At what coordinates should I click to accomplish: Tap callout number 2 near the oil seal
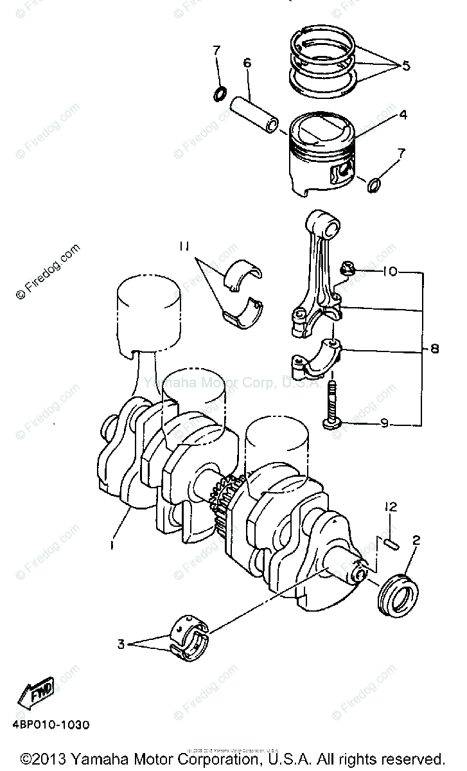pos(416,540)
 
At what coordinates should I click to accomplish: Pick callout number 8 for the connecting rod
pos(434,350)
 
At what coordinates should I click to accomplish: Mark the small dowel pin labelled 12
pos(391,544)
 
